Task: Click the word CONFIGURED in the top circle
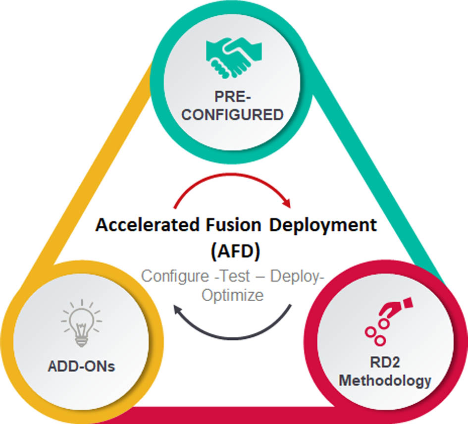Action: coord(231,115)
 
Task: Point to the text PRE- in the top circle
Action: coord(231,96)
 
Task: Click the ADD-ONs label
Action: coord(82,368)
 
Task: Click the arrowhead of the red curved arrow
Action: coord(286,204)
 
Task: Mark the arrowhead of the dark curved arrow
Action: coord(180,311)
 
